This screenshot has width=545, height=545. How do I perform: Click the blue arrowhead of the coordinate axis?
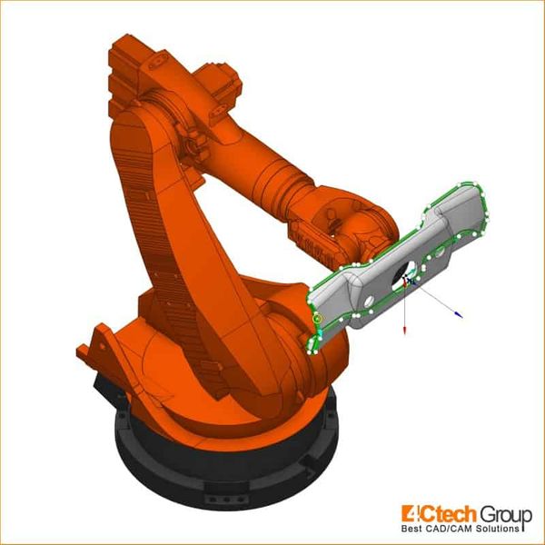[x=459, y=314]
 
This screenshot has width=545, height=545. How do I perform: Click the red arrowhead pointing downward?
[x=404, y=331]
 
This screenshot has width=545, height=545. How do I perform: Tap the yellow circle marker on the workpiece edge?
[x=317, y=318]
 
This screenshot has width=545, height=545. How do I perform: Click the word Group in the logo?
[x=506, y=515]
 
